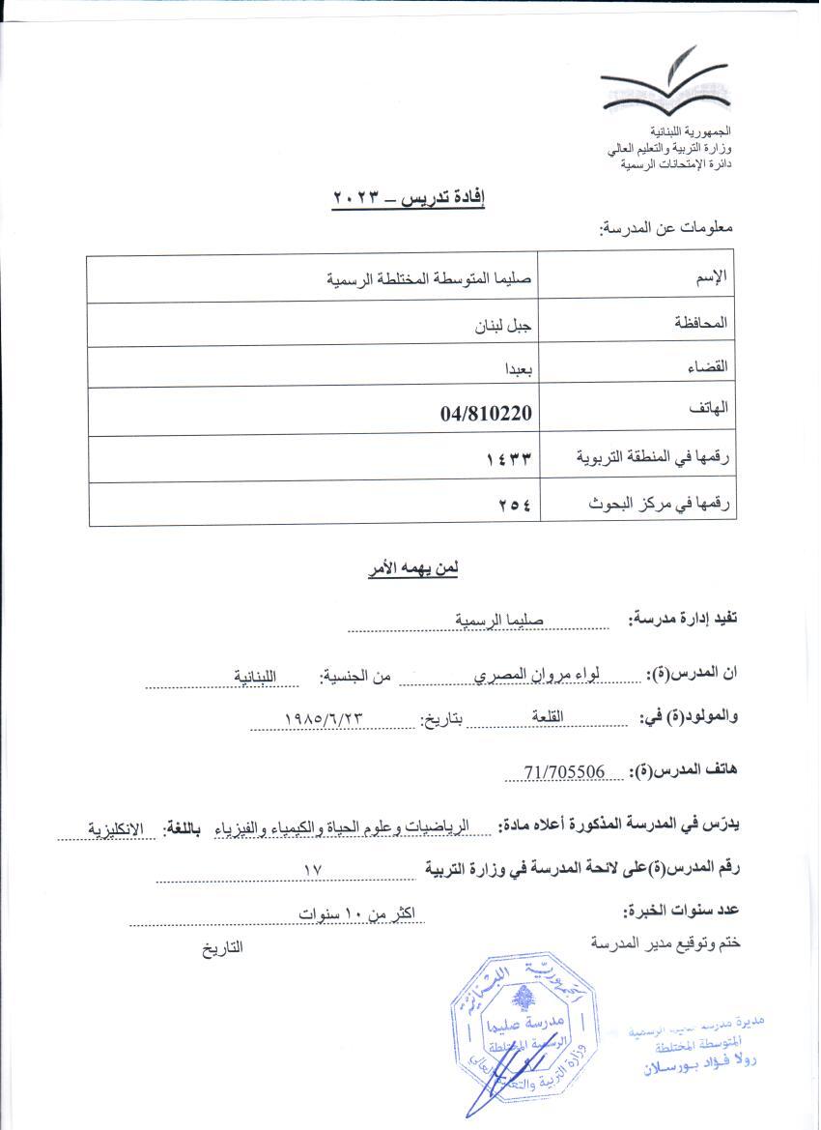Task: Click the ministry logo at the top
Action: [665, 85]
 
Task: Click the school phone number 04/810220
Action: [487, 414]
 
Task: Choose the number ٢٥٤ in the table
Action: [516, 505]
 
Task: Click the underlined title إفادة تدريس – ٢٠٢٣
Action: [409, 198]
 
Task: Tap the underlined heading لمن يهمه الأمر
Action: [412, 569]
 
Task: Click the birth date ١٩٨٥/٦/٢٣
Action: [324, 719]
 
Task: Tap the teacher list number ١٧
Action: [311, 870]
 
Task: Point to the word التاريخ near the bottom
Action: [222, 947]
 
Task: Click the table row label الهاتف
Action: [708, 410]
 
